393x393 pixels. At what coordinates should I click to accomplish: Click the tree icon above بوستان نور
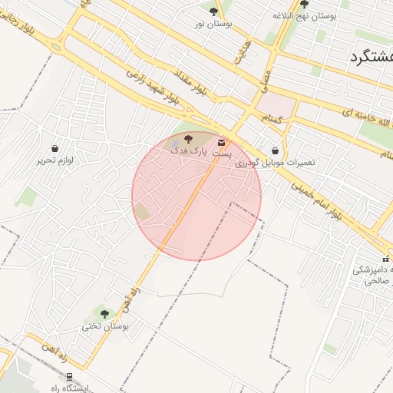(x=213, y=12)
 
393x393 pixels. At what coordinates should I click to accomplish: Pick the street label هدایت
(x=246, y=52)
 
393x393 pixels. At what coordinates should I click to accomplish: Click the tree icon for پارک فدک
(x=189, y=137)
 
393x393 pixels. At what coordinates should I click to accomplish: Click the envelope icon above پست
(x=222, y=142)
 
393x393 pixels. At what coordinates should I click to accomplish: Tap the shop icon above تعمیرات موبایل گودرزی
(x=276, y=150)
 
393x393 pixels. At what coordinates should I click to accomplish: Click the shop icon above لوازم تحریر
(x=55, y=149)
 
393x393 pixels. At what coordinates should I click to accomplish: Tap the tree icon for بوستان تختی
(x=104, y=313)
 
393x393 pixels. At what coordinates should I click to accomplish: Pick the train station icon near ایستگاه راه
(x=69, y=377)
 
